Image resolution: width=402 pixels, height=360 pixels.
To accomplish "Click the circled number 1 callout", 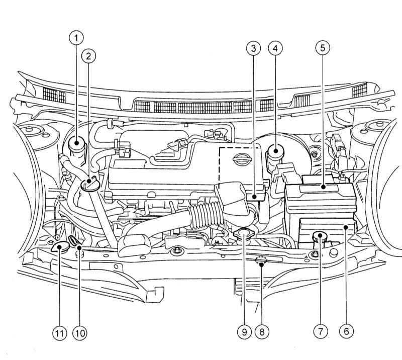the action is pos(76,38).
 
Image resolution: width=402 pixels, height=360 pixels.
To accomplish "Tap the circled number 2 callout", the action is pos(88,56).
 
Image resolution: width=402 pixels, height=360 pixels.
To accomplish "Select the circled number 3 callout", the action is pos(254,48).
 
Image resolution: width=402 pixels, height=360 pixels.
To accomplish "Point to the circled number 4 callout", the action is pos(275,48).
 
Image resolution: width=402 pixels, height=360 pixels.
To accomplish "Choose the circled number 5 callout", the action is pos(323,48).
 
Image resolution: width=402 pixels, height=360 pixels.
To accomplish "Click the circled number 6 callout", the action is pos(346,331).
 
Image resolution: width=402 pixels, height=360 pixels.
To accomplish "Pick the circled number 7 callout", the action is pos(321,331).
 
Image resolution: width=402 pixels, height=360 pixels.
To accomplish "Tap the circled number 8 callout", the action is pos(262,332).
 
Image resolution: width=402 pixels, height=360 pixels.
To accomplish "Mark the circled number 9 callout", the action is pos(244,332).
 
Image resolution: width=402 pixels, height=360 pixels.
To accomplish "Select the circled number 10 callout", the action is pos(80,333).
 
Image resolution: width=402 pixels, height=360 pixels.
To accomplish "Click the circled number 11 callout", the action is pos(59,333).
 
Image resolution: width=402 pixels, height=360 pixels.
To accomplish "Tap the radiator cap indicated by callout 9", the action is pos(243,234).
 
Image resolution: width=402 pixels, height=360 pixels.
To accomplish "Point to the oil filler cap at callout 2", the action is pos(90,184).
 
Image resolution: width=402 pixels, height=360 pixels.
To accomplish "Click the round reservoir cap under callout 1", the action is pos(77,145).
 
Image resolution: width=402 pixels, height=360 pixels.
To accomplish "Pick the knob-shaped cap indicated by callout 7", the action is pos(320,237).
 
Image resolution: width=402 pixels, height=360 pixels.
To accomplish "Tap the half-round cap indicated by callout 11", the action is pos(60,247).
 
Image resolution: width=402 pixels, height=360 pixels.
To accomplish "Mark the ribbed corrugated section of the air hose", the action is pos(206,215).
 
